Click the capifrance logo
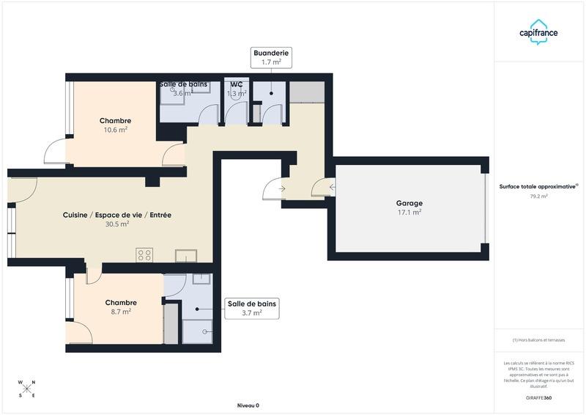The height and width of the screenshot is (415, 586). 538,33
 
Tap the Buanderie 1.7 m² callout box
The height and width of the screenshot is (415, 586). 271,57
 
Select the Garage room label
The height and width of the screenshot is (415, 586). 410,203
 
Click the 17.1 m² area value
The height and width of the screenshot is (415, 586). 410,212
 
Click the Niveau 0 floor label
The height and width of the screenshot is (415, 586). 248,405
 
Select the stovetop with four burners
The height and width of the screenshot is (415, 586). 144,255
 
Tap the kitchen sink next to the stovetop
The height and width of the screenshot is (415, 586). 186,255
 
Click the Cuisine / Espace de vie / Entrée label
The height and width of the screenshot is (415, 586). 117,215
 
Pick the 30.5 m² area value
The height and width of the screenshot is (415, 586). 117,224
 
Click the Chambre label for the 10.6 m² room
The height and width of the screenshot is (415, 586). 115,121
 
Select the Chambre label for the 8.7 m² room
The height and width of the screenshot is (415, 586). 121,303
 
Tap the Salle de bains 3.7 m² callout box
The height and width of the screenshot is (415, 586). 252,308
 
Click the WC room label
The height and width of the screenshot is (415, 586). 237,84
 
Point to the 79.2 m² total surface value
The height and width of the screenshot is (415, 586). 538,197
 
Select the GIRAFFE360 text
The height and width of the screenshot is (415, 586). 538,397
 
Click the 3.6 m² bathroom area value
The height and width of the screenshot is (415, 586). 182,93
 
